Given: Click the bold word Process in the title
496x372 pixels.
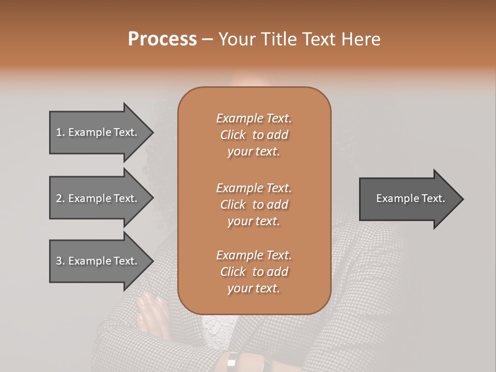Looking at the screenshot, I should click(x=162, y=39).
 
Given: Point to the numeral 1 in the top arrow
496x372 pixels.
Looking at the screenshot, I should click(x=58, y=132).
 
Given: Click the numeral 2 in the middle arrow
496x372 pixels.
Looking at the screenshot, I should click(x=58, y=198).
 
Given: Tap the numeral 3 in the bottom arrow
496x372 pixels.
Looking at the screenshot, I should click(x=58, y=261).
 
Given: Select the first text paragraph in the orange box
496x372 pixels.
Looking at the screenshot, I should click(x=254, y=135).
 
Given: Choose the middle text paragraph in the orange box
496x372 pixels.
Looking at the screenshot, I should click(x=254, y=205).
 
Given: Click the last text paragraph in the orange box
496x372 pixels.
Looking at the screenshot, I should click(x=254, y=272).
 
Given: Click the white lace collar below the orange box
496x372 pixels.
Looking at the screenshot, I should click(x=217, y=326).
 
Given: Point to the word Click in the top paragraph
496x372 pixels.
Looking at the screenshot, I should click(x=233, y=135).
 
